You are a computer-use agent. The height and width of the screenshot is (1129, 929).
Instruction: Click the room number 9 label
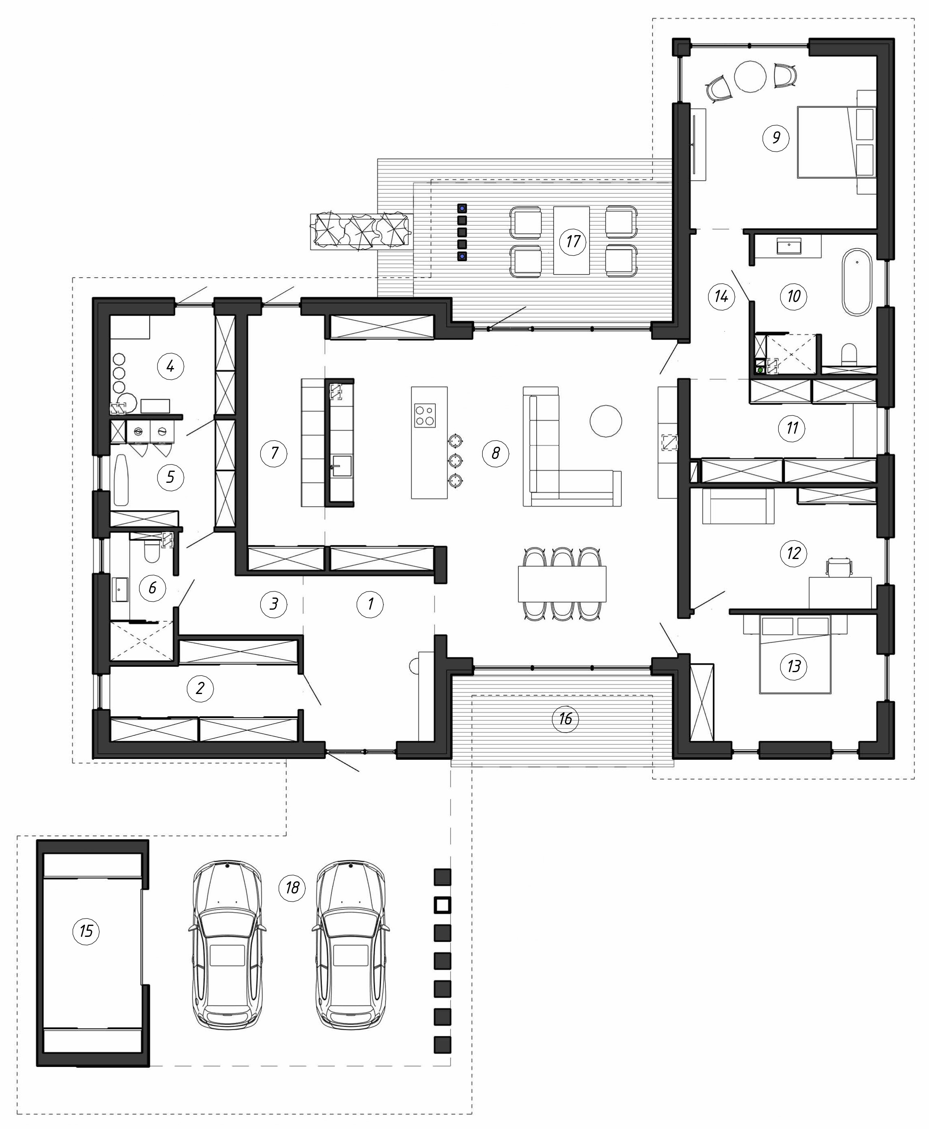[776, 138]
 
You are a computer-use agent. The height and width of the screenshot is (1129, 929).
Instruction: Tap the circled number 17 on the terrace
[573, 241]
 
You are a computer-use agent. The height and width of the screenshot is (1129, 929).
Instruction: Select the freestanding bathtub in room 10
[857, 282]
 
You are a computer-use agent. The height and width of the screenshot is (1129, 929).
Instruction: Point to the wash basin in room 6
[120, 590]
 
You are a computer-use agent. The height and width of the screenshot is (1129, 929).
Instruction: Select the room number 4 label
[170, 366]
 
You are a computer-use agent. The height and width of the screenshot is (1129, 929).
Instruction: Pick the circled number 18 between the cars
[292, 887]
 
